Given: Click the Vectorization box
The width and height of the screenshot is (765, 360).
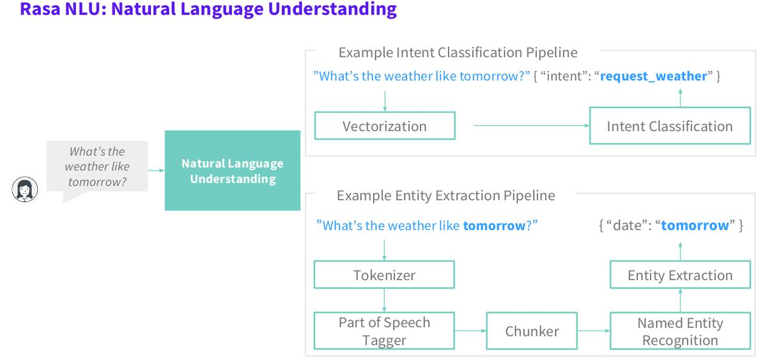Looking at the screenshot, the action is coord(385,125).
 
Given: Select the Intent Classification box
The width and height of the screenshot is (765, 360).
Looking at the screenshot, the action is coord(670,125).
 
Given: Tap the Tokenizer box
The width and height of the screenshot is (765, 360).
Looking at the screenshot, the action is coord(384,274).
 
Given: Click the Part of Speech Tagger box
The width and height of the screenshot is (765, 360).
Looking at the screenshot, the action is coord(384,331).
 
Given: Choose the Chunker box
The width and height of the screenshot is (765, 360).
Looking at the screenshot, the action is coord(532,331).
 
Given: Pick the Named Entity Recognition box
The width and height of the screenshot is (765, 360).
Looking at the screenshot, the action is coord(680,331).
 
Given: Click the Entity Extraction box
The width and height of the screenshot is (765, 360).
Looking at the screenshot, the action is coord(680,274).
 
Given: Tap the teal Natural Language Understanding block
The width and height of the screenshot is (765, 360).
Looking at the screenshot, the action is coord(233,171).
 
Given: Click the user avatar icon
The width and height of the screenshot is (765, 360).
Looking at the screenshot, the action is coord(25,189).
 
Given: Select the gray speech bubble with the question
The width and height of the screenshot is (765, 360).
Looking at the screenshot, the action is coord(98,168).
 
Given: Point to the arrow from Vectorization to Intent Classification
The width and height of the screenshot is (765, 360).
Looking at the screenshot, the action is coord(532,125).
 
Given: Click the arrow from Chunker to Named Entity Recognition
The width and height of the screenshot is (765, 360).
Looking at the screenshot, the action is coord(594,331).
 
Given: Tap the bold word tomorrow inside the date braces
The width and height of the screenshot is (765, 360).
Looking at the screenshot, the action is coord(695,225).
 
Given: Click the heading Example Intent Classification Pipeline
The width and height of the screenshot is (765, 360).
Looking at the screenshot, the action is coord(458,52).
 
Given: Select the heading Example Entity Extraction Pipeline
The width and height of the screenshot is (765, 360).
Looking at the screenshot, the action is coord(446,196).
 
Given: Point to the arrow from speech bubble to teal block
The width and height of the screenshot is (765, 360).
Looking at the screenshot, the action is coord(156,171).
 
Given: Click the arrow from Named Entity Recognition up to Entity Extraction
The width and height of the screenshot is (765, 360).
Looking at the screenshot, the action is coord(680,301).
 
